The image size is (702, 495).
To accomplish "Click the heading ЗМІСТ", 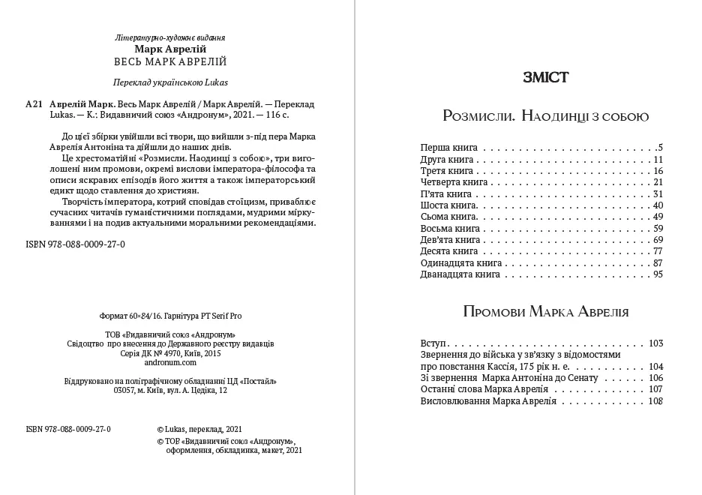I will point(544,77).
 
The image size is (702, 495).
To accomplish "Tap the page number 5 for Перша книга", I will point(660,147).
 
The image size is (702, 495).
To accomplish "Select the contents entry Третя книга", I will point(444,171).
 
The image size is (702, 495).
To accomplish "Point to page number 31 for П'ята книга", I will point(658,193).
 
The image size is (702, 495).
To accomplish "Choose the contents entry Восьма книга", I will point(450,228).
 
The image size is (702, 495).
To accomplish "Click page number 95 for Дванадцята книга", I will point(658,274).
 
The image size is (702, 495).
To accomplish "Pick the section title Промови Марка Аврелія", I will point(545,311).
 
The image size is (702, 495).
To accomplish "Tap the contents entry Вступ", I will point(434,343).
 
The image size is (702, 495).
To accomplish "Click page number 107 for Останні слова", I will point(655,389).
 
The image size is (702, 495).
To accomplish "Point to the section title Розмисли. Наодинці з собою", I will point(545,116).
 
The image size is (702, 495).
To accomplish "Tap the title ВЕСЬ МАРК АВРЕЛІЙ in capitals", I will point(170,61).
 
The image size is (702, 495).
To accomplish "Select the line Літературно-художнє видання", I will point(170,37).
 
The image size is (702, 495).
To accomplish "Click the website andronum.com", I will point(170,361).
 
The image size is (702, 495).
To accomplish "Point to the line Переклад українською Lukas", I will point(170,82).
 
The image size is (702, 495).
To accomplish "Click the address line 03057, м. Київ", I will point(170,390).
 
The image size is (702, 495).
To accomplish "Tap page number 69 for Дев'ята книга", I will point(658,240).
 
